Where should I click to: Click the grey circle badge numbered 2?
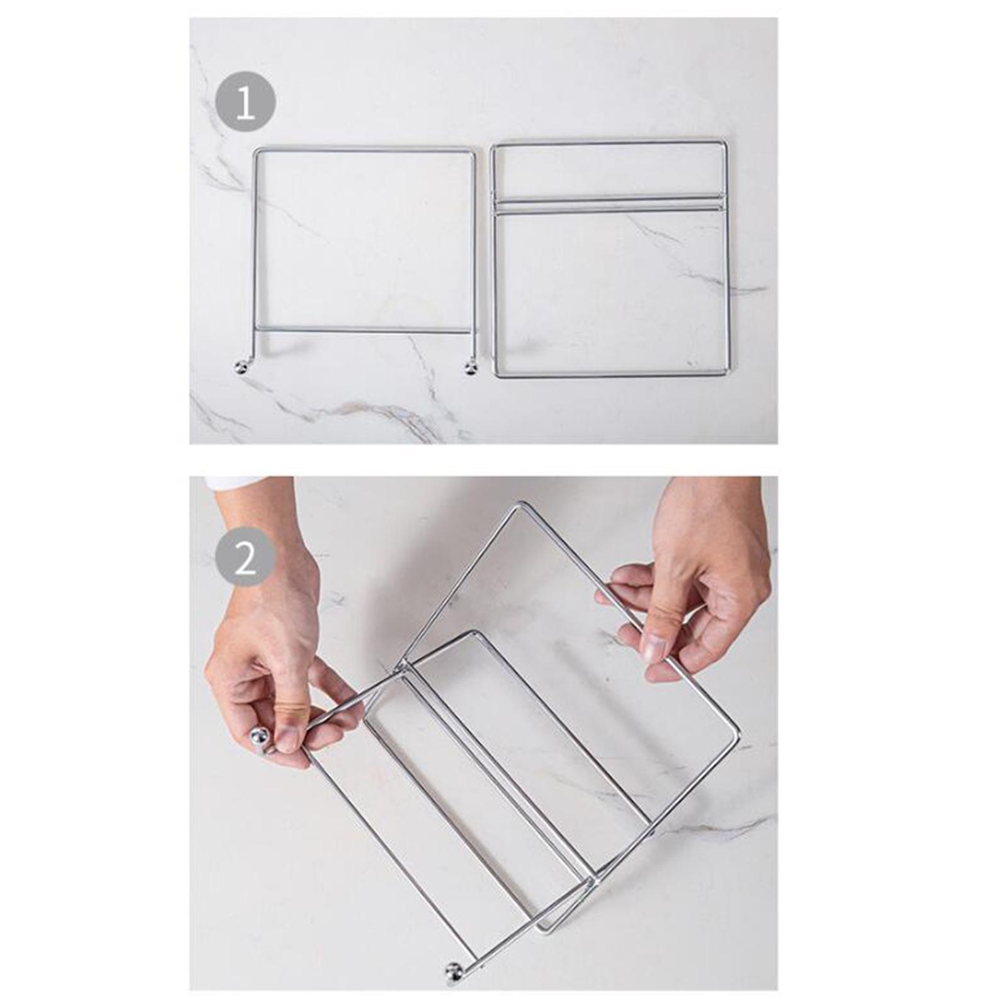pyautogui.click(x=245, y=556)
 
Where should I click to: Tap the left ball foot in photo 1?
pyautogui.click(x=241, y=367)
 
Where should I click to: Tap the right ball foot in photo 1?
pyautogui.click(x=471, y=367)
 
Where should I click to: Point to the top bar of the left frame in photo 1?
pyautogui.click(x=364, y=150)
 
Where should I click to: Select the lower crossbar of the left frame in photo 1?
pyautogui.click(x=362, y=329)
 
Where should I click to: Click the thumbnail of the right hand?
pyautogui.click(x=655, y=647)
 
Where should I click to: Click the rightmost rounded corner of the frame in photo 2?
pyautogui.click(x=736, y=738)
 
